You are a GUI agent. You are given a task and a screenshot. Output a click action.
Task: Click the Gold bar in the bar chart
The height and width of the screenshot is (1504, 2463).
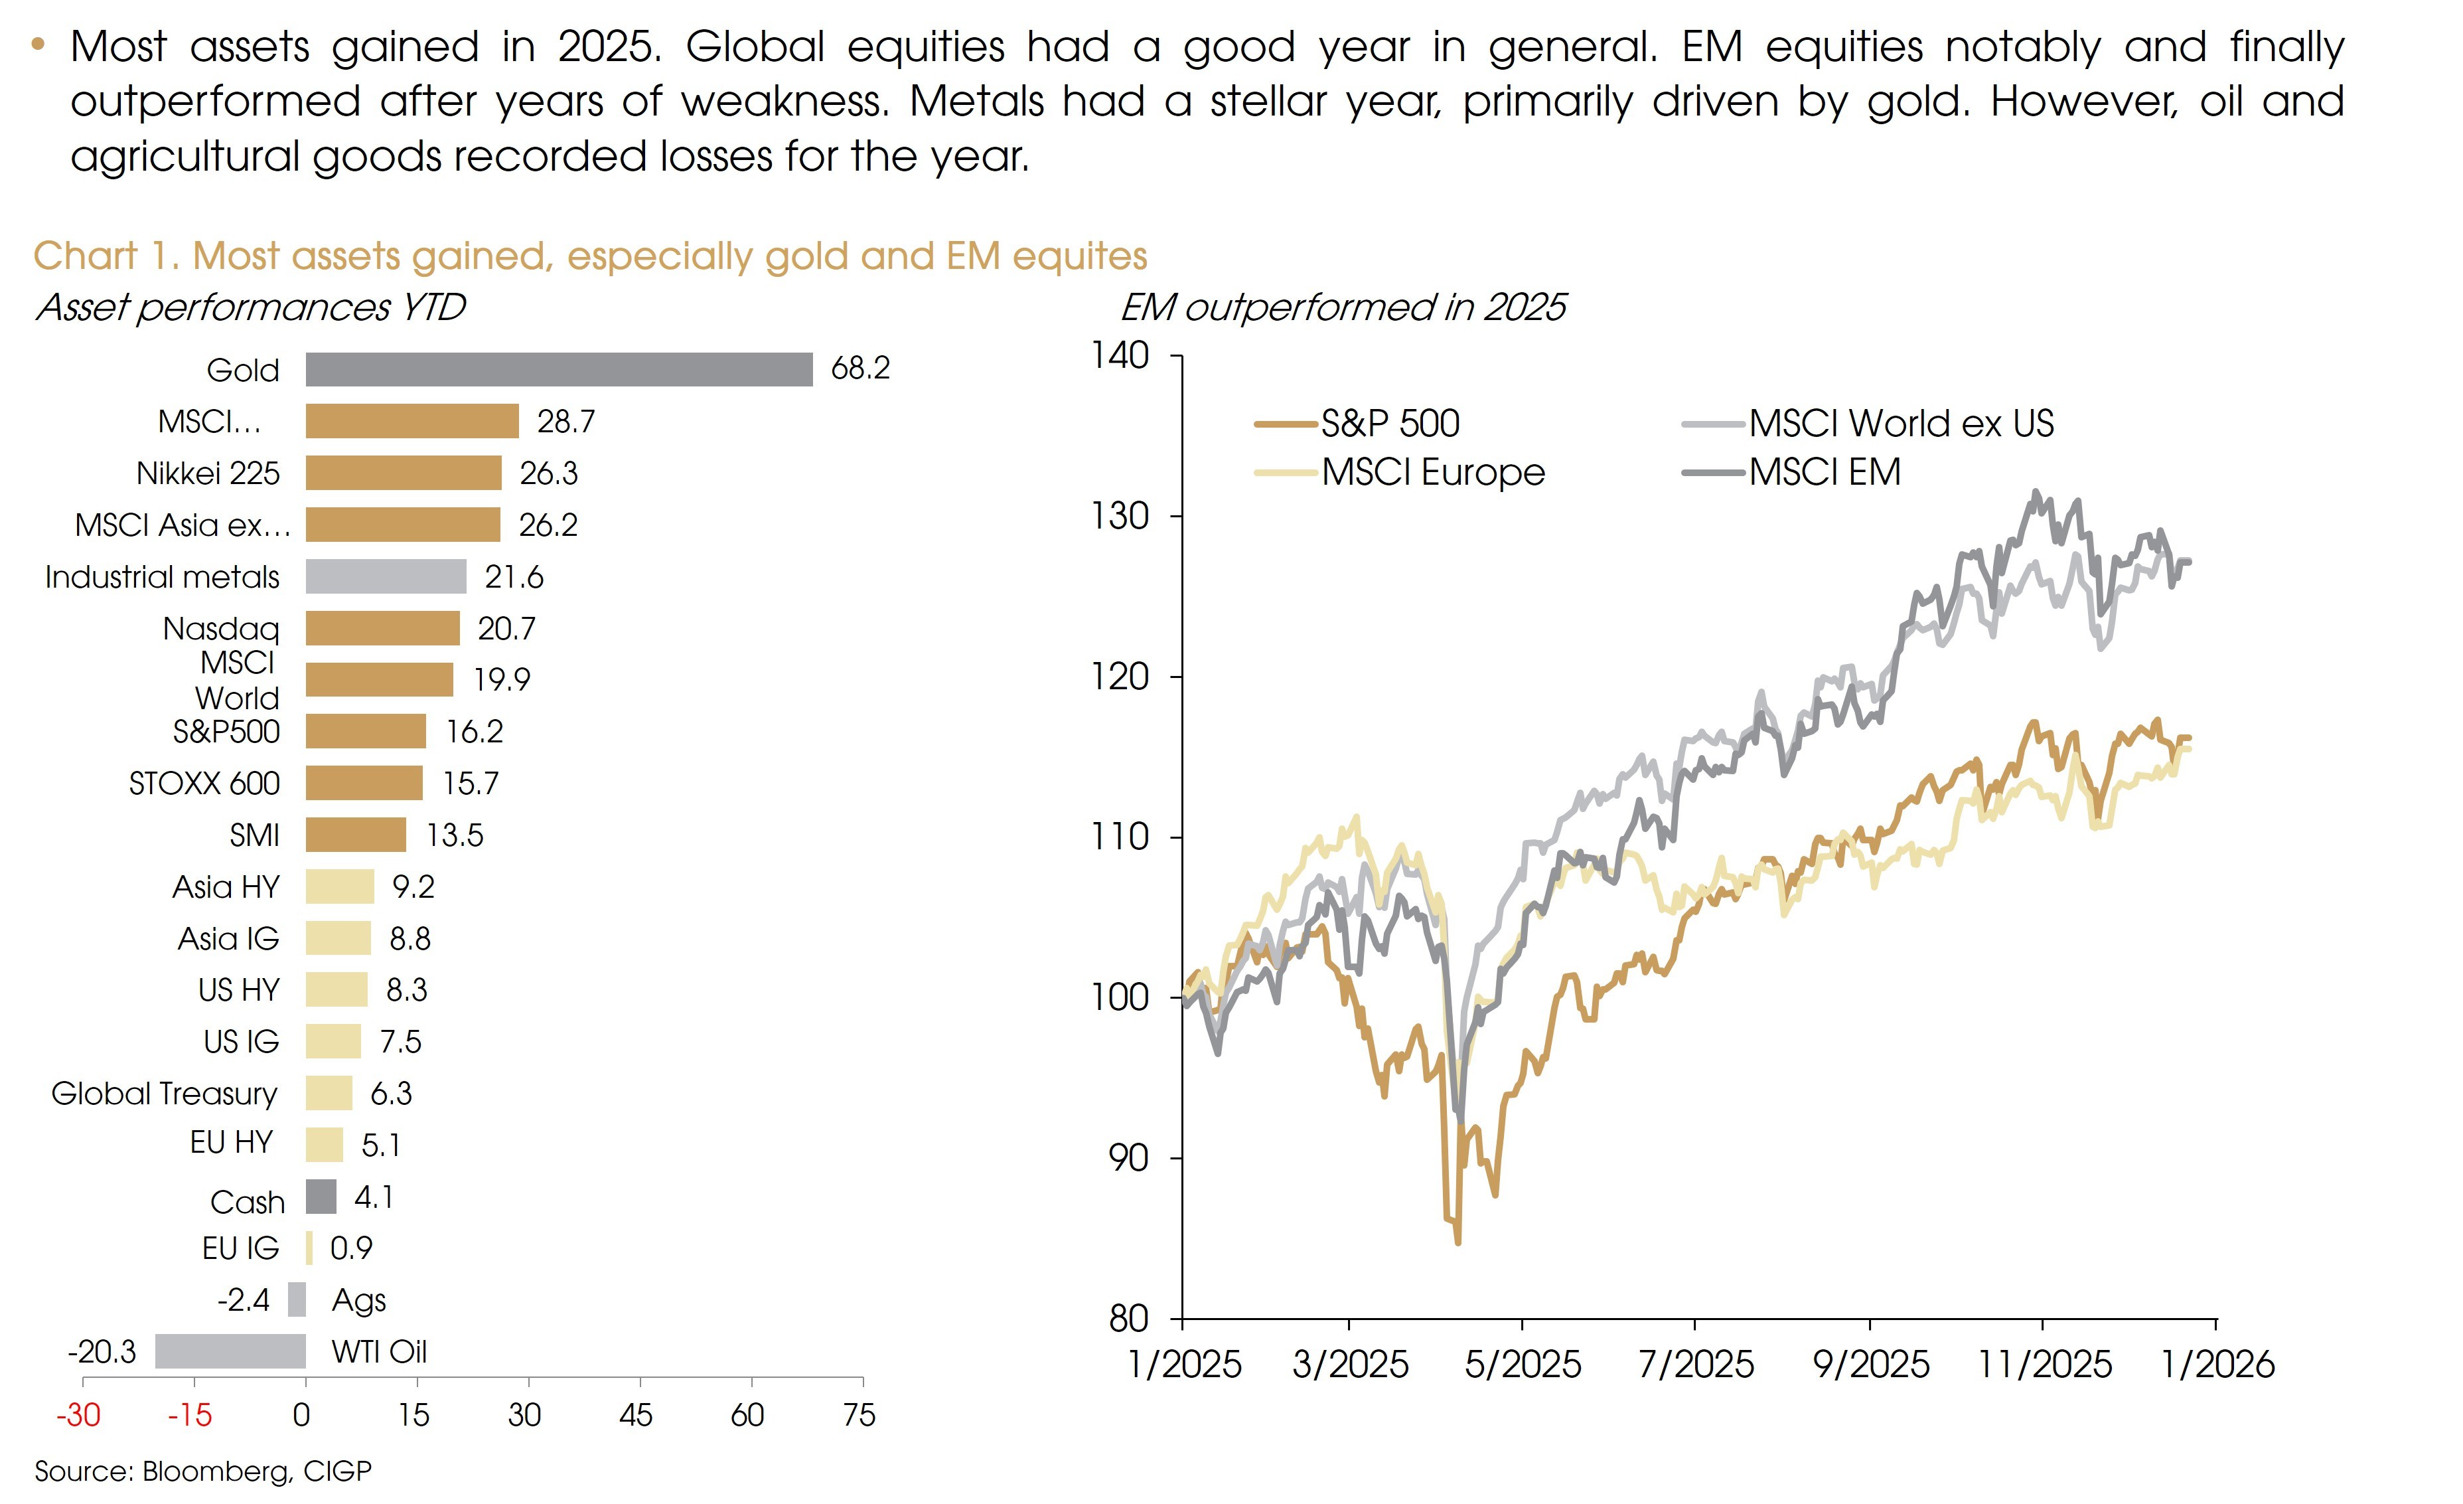pos(559,369)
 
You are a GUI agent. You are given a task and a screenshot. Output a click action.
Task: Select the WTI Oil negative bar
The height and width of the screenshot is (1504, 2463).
pos(230,1351)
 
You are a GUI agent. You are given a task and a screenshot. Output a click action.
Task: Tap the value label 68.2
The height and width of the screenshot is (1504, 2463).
pos(859,368)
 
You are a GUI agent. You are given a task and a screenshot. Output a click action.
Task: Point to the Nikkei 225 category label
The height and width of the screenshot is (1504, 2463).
pos(208,473)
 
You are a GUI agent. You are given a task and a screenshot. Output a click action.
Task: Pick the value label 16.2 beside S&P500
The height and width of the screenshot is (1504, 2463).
pos(474,731)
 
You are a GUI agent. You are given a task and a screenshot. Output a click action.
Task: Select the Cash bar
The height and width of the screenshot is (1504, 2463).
pos(321,1196)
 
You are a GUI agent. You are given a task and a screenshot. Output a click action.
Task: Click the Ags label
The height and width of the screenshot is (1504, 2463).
pos(358,1300)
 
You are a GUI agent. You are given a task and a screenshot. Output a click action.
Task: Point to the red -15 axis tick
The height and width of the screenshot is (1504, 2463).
pos(189,1415)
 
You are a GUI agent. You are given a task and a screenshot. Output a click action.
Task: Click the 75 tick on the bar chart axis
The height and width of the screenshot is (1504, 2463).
pos(859,1415)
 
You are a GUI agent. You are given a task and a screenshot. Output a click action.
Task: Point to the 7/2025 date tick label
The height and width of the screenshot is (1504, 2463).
pos(1695,1364)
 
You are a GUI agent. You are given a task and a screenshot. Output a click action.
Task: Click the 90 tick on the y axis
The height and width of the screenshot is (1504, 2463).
pos(1130,1158)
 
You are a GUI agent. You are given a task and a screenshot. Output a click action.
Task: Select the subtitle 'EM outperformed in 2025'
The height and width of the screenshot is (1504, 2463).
pos(1343,307)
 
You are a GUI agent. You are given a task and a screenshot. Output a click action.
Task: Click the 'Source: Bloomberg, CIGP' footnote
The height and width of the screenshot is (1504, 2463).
pos(203,1471)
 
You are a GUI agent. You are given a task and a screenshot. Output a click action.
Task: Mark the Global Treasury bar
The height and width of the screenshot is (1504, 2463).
pos(329,1093)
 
